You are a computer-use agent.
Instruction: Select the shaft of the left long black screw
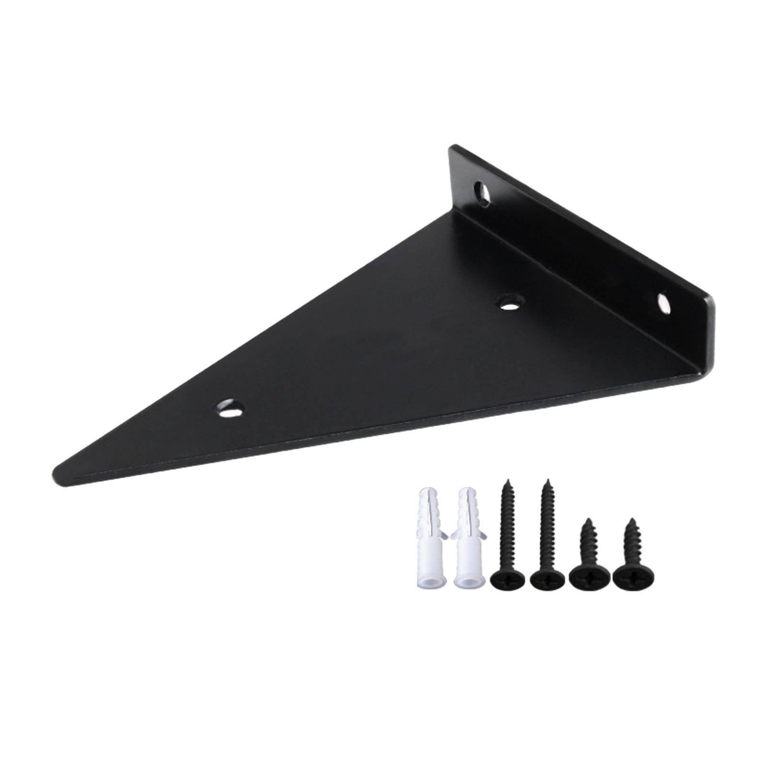(507, 527)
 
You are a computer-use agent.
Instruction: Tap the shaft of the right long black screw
(547, 527)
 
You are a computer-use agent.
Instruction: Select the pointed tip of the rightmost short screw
(632, 520)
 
